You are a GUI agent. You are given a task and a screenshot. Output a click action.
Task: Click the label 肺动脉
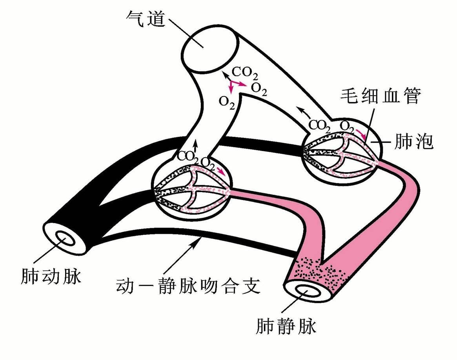point(51,277)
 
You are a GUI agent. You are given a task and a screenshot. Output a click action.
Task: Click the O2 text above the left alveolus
point(208,162)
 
